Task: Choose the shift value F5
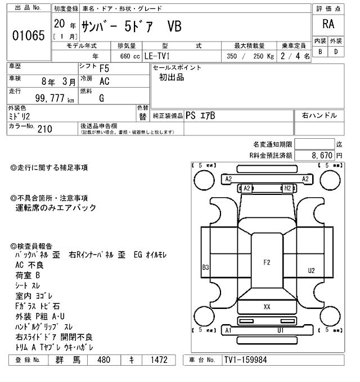pyautogui.click(x=104, y=69)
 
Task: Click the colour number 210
pyautogui.click(x=44, y=129)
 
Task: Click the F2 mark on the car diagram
pyautogui.click(x=267, y=262)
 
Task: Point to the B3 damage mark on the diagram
pyautogui.click(x=206, y=268)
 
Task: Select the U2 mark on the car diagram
pyautogui.click(x=311, y=270)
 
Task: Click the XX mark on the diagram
pyautogui.click(x=267, y=307)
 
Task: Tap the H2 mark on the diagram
pyautogui.click(x=287, y=188)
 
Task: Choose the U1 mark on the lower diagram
pyautogui.click(x=280, y=330)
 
